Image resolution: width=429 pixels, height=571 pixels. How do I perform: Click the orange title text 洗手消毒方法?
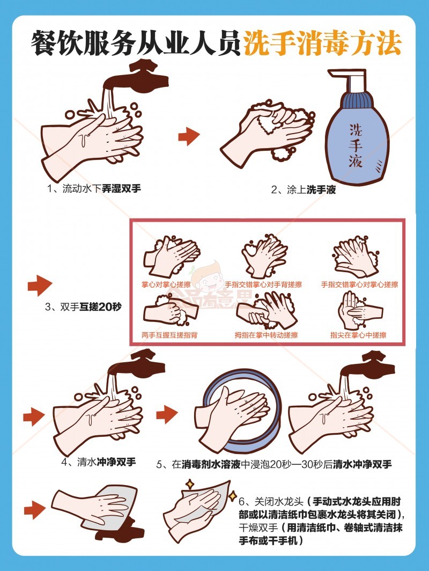click(x=322, y=43)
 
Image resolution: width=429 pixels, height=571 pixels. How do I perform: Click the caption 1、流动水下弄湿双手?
click(x=94, y=188)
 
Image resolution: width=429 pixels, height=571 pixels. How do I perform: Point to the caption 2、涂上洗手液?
click(x=304, y=189)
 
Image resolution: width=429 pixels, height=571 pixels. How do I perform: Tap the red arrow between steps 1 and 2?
click(x=189, y=136)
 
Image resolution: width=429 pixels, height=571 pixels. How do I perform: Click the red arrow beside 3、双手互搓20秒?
click(x=40, y=285)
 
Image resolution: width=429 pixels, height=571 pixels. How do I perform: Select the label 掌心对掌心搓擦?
click(x=166, y=284)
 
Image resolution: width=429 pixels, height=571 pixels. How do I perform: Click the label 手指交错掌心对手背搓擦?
click(x=263, y=284)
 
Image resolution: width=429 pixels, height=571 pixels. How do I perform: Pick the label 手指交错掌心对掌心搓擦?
click(x=359, y=284)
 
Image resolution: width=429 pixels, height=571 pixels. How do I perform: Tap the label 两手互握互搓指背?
click(x=169, y=335)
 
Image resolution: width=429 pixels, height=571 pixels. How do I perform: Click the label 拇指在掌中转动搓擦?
click(x=266, y=335)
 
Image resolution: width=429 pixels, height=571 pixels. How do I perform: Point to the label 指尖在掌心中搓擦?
click(x=358, y=335)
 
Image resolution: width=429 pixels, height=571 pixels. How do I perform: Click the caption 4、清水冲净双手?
click(x=99, y=462)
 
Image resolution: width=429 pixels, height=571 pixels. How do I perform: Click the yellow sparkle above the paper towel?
click(x=190, y=484)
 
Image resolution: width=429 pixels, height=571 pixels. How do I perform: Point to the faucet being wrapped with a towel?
click(x=120, y=530)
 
